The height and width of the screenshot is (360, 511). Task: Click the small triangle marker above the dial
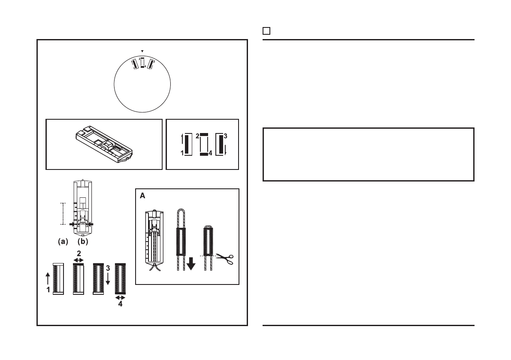(x=142, y=51)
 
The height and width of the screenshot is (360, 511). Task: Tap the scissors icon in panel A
(x=225, y=259)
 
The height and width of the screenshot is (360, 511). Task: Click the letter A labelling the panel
(x=142, y=196)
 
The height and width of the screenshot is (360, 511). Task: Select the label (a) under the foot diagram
(x=63, y=242)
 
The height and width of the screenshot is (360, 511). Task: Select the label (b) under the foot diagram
(x=83, y=242)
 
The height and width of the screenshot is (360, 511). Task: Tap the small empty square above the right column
(x=266, y=31)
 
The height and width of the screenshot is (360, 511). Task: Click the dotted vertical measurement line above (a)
(x=63, y=213)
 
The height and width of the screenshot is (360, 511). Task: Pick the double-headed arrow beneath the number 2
(x=78, y=260)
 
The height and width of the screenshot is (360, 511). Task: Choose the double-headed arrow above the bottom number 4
(x=120, y=297)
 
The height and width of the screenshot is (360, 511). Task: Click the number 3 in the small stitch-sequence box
(x=226, y=136)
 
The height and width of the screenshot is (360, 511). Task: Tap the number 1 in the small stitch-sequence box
(x=182, y=153)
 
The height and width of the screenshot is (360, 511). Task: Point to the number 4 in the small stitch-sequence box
(x=210, y=153)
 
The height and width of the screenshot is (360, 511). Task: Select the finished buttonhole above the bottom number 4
(x=120, y=278)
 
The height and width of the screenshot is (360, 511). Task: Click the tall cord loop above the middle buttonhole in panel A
(x=181, y=219)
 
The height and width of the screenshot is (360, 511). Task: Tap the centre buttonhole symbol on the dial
(x=142, y=63)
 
